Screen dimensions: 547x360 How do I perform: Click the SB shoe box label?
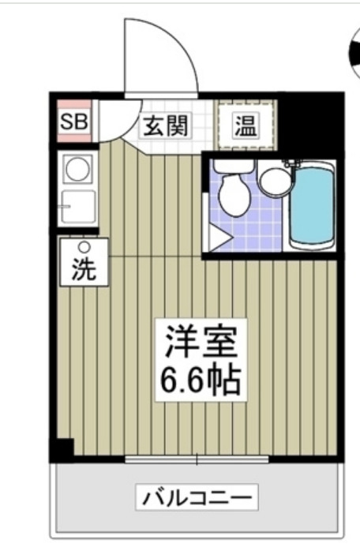(x=74, y=122)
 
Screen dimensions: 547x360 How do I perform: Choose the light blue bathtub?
(x=312, y=204)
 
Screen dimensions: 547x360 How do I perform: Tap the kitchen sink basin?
(x=77, y=206)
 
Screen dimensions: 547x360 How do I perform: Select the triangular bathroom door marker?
(x=219, y=236)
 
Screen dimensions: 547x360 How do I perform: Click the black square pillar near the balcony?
(x=61, y=450)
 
